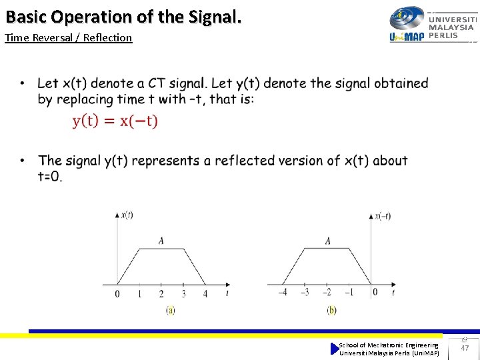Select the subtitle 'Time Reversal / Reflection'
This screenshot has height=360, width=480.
[68, 38]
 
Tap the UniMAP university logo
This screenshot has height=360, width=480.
[433, 25]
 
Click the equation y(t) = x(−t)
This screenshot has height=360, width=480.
[115, 121]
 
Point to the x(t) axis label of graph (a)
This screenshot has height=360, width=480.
[126, 215]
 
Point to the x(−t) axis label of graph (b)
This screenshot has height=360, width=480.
[383, 215]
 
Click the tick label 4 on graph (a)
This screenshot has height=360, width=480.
[205, 294]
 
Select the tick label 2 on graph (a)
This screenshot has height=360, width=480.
[161, 294]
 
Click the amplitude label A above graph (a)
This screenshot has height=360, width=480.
[161, 241]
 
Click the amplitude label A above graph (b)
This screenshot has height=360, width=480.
[327, 241]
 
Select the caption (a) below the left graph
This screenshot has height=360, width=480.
[170, 310]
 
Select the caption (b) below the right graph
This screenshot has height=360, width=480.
[331, 310]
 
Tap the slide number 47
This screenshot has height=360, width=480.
[465, 348]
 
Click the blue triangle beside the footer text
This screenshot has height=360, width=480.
[335, 349]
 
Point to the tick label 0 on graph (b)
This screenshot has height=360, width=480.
[375, 292]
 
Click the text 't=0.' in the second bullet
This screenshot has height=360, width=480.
[50, 177]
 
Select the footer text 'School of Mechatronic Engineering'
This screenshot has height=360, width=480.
[389, 345]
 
